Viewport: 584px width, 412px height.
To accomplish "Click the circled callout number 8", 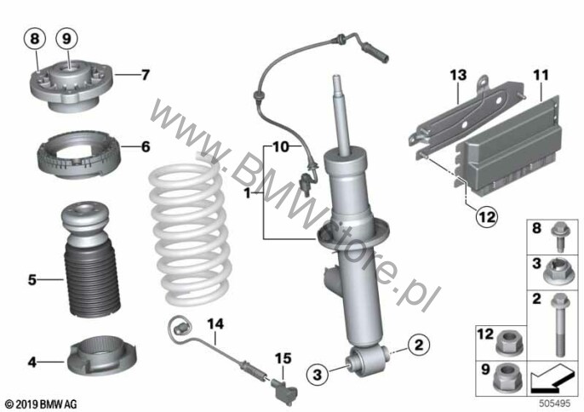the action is click(x=35, y=38).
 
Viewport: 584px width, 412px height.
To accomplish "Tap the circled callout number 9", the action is click(x=66, y=38).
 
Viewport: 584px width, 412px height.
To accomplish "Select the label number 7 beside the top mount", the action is click(x=146, y=75).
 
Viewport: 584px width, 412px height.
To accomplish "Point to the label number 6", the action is click(x=146, y=146).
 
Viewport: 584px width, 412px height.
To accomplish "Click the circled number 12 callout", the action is click(x=487, y=216).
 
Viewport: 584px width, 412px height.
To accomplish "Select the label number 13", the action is click(x=458, y=75).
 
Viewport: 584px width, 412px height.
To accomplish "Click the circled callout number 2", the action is click(x=419, y=345).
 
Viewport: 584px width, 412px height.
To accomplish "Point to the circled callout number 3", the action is click(x=318, y=374).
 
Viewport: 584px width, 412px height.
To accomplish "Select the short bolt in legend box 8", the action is click(x=561, y=236).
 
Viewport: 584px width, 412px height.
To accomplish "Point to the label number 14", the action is click(x=215, y=324).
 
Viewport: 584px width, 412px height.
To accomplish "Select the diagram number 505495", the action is click(x=555, y=403).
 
